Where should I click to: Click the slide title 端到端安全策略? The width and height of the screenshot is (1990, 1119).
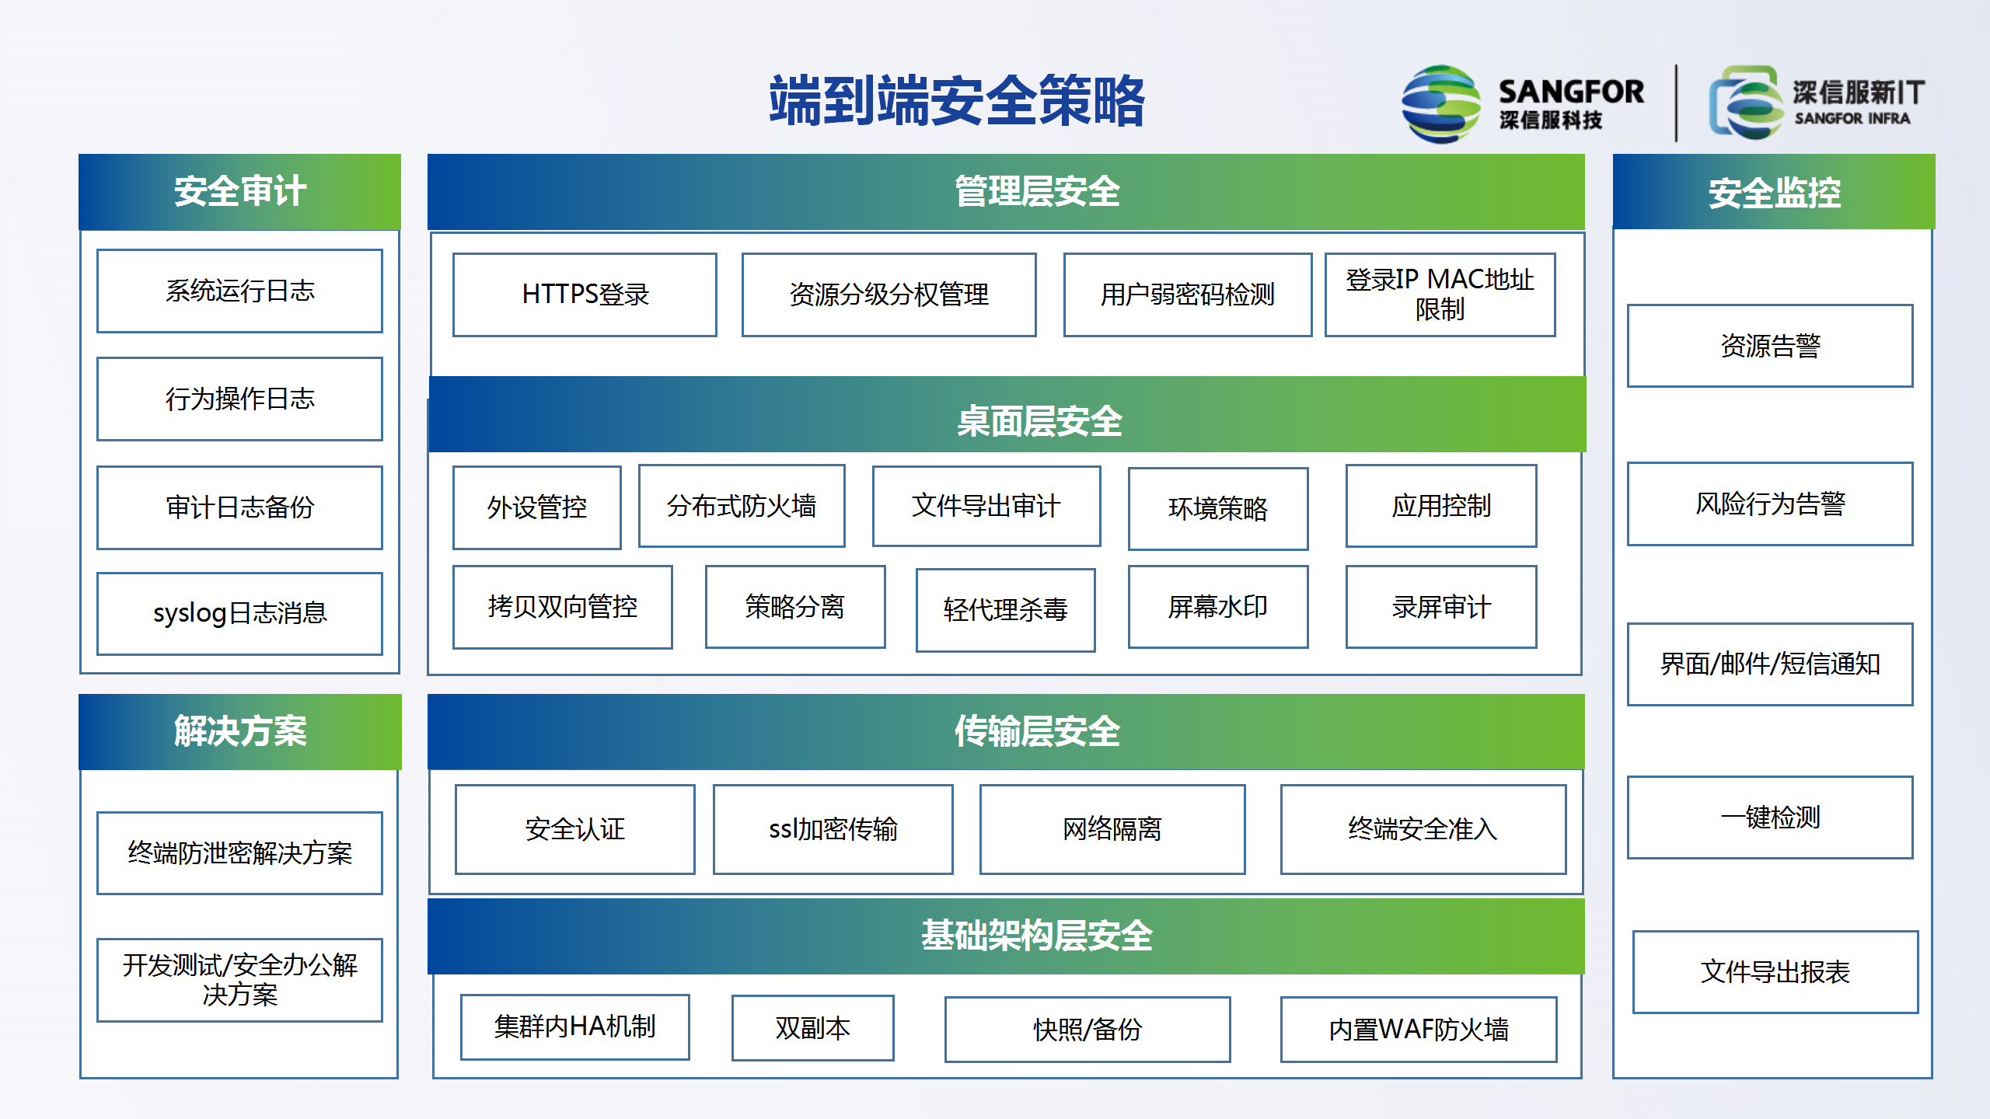click(957, 101)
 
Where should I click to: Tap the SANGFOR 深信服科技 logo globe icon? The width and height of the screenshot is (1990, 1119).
click(1440, 104)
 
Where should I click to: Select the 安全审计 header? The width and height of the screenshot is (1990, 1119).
click(239, 191)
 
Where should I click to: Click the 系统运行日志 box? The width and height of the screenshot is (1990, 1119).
click(239, 291)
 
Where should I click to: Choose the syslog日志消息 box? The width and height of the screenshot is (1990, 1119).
click(239, 613)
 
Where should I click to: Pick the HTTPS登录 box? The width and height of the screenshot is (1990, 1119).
click(585, 295)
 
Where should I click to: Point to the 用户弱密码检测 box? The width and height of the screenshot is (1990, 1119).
click(1187, 295)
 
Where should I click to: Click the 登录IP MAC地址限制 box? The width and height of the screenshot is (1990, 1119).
click(1440, 295)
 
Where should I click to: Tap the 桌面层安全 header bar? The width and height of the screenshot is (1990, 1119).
click(1007, 415)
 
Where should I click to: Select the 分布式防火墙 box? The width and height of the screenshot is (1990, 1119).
click(742, 506)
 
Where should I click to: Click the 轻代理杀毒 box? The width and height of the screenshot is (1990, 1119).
click(1005, 610)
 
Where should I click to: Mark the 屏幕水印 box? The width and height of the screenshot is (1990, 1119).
click(1218, 607)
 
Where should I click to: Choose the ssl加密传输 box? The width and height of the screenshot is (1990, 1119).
click(833, 829)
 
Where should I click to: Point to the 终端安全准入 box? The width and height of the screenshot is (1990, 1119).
click(1423, 829)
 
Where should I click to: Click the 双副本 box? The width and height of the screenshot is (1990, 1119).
click(812, 1028)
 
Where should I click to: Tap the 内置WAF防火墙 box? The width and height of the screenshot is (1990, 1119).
click(1419, 1030)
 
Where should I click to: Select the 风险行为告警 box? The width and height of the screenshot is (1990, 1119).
click(1770, 504)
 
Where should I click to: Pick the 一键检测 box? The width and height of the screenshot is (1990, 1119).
click(1770, 817)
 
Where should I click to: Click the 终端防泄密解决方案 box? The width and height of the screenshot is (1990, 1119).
click(239, 853)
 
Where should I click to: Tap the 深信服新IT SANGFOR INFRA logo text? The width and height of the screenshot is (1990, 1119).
click(1858, 103)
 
